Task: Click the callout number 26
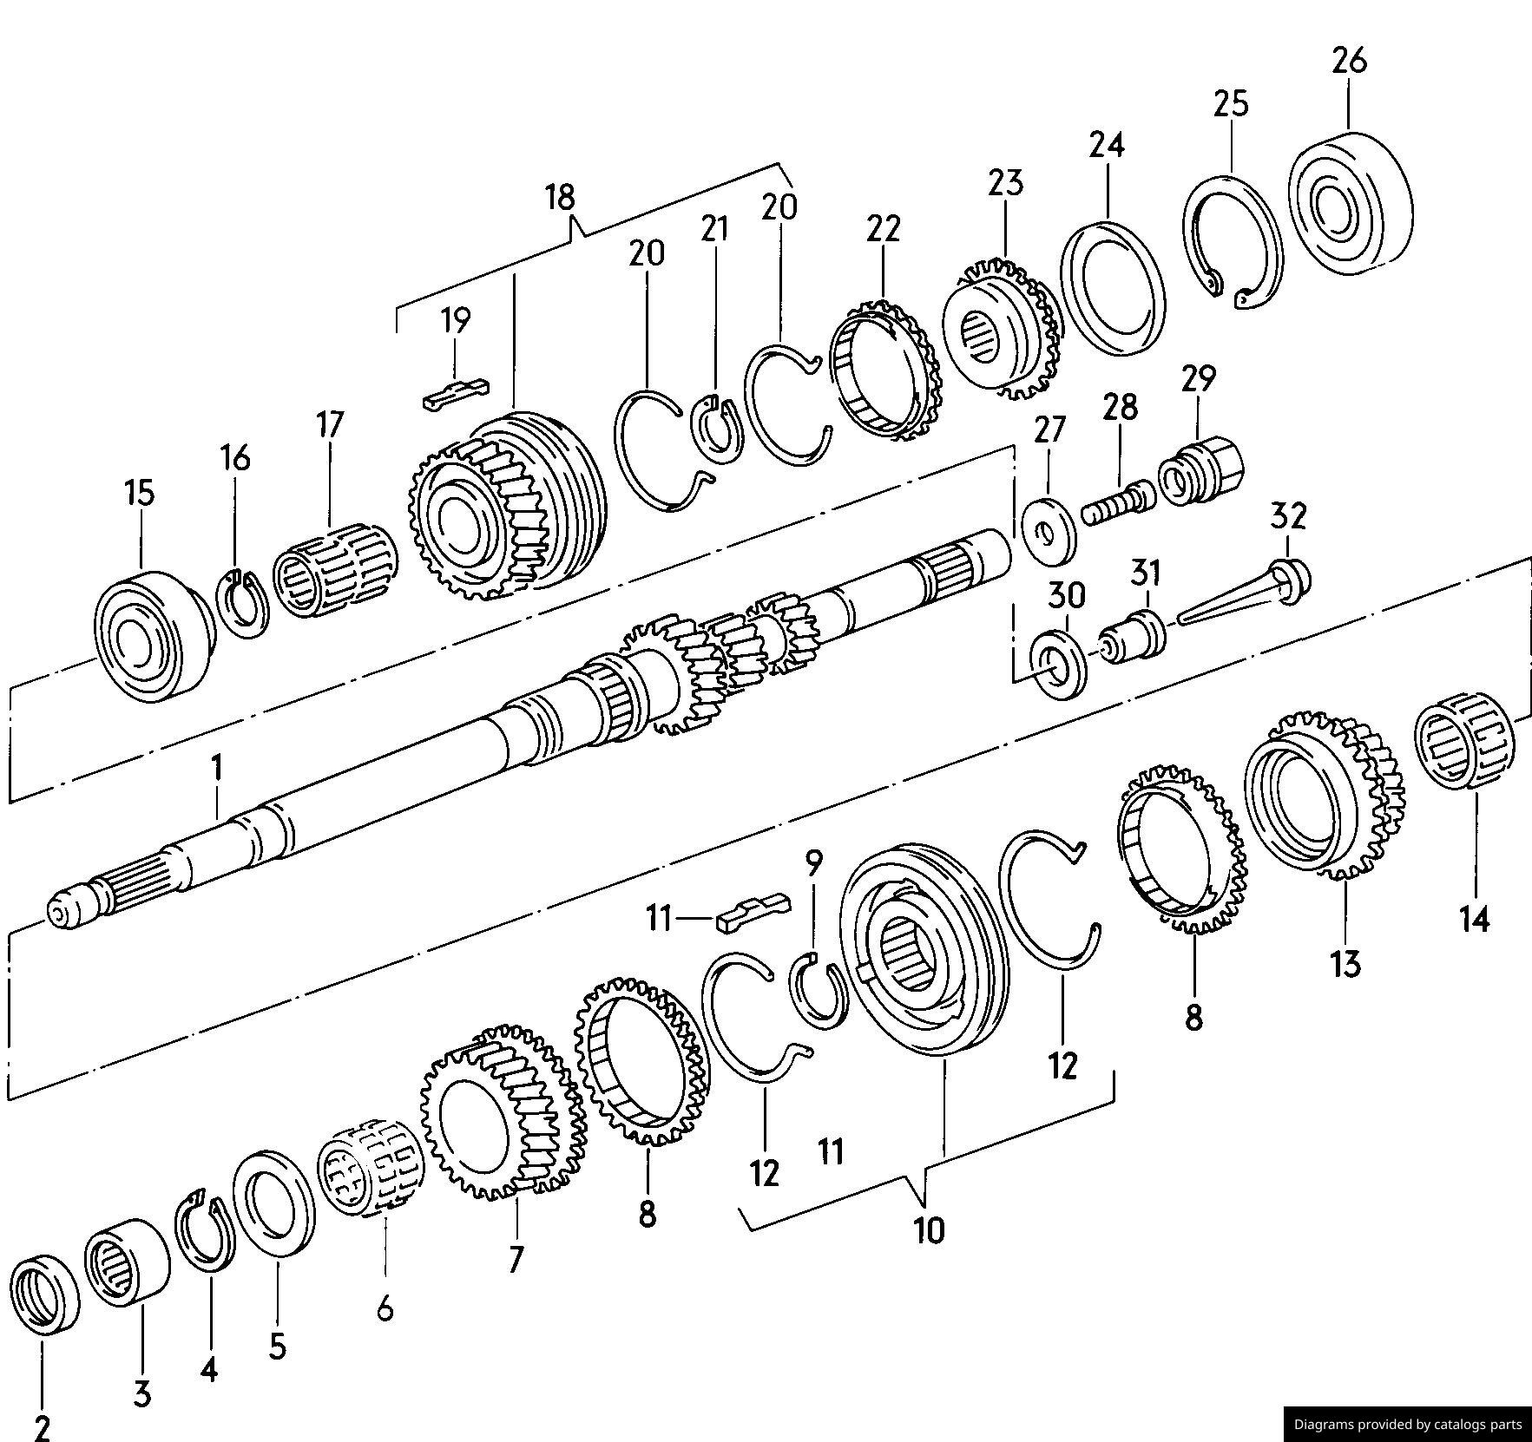[x=1349, y=61]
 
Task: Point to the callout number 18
[x=561, y=197]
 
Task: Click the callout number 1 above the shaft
[x=217, y=769]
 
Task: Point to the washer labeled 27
[x=1049, y=531]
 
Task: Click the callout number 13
[x=1345, y=963]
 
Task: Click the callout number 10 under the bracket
[x=928, y=1230]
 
